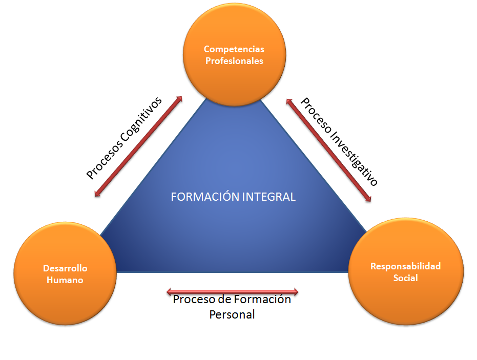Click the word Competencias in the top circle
click(234, 49)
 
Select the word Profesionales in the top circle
click(234, 61)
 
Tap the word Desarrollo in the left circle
click(65, 268)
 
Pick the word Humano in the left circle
click(65, 280)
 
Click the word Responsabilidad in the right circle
click(405, 266)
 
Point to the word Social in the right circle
click(405, 278)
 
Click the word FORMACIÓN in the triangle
click(201, 197)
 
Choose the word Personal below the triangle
click(232, 314)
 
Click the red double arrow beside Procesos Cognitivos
click(139, 146)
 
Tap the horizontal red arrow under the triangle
click(232, 292)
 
